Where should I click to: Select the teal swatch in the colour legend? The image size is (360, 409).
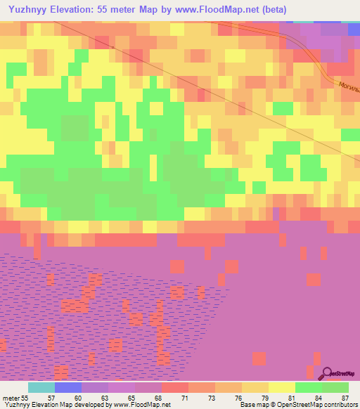(41, 387)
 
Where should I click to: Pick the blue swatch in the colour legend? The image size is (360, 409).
(68, 387)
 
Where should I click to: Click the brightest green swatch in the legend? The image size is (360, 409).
(308, 387)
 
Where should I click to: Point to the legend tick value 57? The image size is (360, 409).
(51, 397)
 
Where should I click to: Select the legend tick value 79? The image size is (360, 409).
(265, 397)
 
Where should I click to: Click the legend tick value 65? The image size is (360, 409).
(131, 397)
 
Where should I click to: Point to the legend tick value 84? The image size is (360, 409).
(319, 397)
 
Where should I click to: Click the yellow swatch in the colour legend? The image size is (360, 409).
(281, 387)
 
